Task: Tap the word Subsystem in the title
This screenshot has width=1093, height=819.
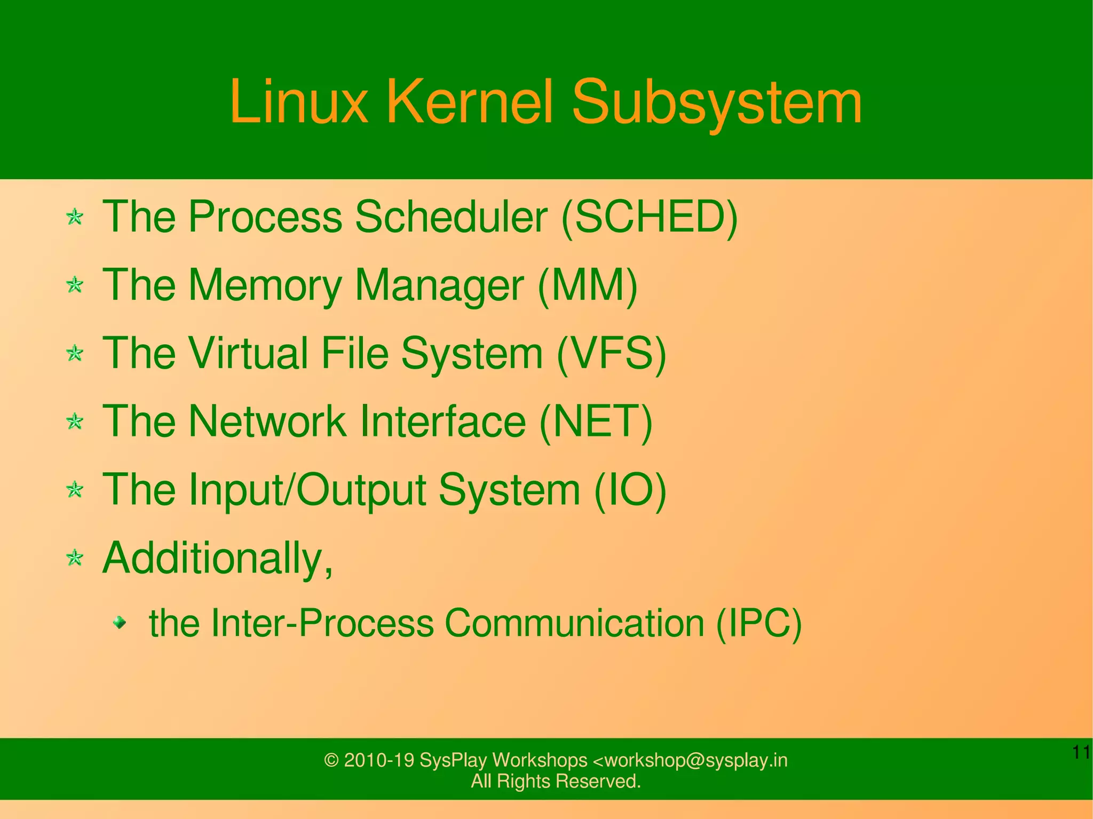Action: point(717,101)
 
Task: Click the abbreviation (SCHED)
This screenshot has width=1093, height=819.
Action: point(650,217)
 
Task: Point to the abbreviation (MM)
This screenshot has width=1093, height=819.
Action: point(588,285)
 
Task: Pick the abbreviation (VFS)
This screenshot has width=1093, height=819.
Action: point(612,354)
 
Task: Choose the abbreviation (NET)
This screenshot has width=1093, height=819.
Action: point(596,422)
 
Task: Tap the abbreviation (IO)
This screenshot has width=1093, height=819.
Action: point(630,490)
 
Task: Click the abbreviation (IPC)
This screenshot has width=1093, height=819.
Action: point(758,623)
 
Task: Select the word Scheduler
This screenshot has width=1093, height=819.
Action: point(451,217)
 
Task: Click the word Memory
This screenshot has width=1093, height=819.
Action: point(265,285)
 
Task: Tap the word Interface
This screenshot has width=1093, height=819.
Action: point(443,422)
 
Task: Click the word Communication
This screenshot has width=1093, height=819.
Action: point(574,623)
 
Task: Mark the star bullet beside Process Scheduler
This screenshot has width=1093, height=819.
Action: point(75,217)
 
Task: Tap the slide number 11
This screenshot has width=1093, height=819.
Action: point(1081,752)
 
